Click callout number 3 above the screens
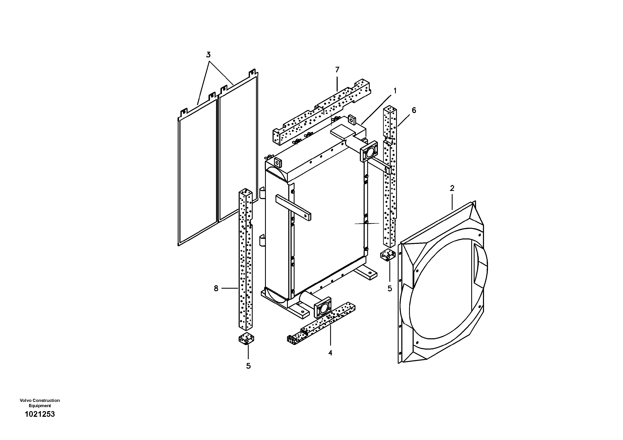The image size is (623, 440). (208, 55)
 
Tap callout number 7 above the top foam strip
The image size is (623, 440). (337, 70)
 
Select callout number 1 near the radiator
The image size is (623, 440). (395, 91)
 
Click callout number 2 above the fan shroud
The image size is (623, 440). (452, 188)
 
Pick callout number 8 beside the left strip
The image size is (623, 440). (216, 288)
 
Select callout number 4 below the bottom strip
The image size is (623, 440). (330, 353)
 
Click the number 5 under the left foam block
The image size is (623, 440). (248, 366)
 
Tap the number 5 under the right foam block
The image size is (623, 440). (390, 289)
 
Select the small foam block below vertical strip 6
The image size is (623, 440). (388, 255)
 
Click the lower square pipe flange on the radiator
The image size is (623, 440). (323, 307)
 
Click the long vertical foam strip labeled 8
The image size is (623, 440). (245, 260)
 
